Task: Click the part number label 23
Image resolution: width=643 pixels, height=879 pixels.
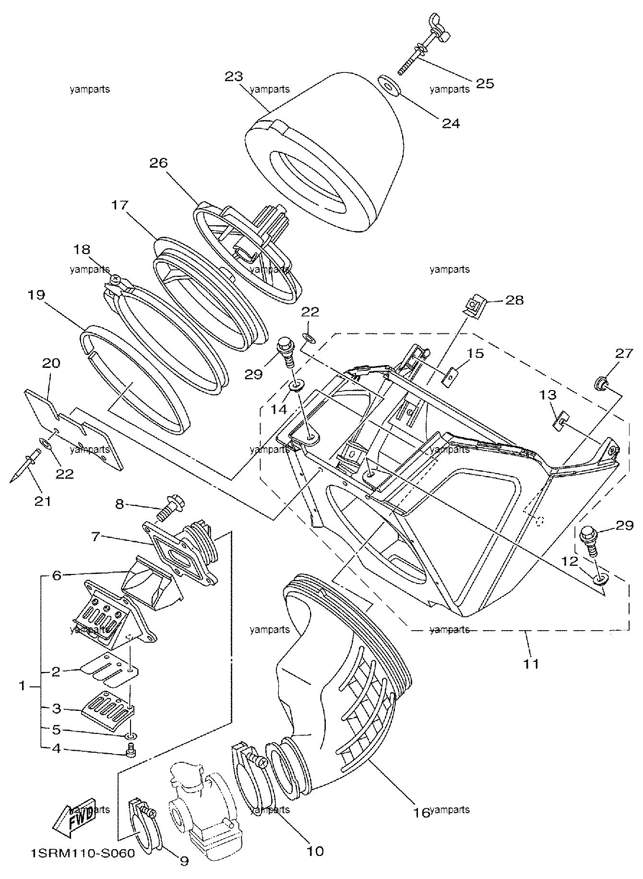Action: click(234, 77)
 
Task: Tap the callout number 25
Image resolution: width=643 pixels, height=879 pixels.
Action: click(485, 83)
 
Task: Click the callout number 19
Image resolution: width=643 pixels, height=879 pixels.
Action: click(36, 295)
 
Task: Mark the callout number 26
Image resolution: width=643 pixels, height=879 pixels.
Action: click(158, 163)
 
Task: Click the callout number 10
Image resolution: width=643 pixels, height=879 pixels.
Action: click(315, 851)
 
